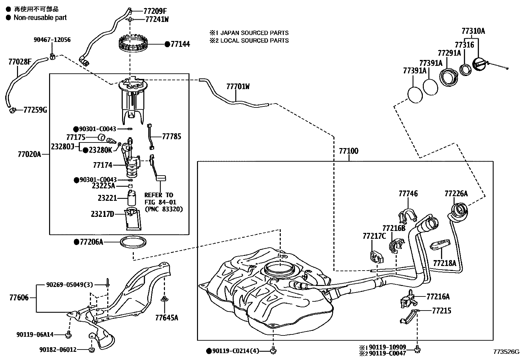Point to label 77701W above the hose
point(238,86)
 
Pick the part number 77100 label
point(349,151)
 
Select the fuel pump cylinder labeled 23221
point(132,198)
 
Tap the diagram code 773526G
point(506,352)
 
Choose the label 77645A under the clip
point(167,317)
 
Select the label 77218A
point(444,263)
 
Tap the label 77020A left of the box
point(29,154)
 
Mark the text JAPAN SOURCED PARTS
point(254,33)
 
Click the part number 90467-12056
point(52,40)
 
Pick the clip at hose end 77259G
point(13,110)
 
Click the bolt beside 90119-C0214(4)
point(273,351)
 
